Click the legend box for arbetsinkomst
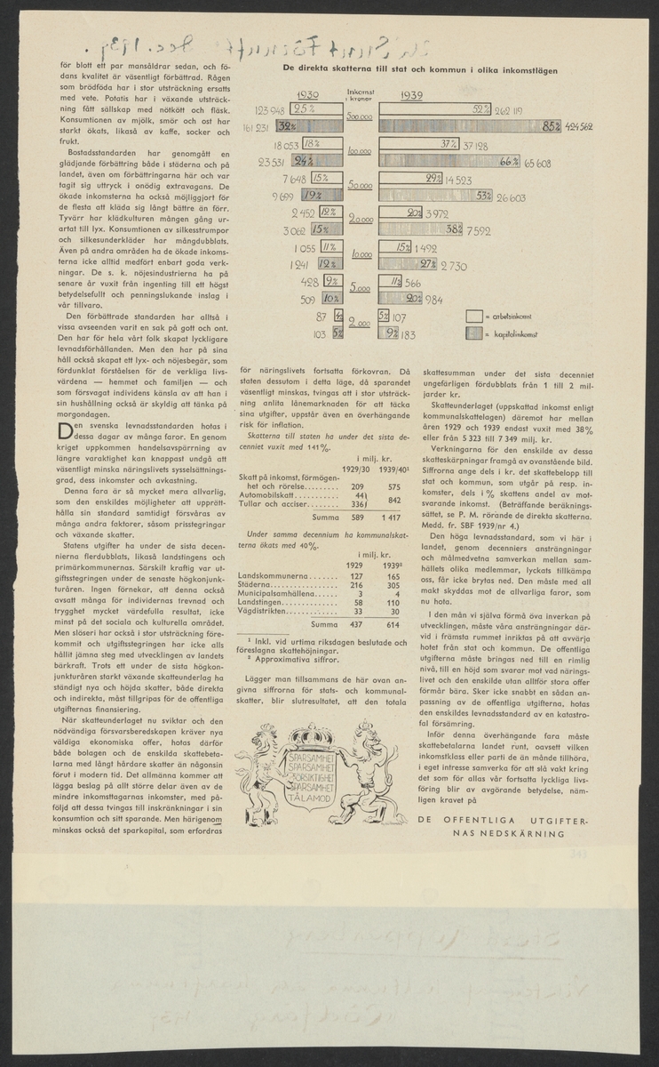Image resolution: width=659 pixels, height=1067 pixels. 475,316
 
